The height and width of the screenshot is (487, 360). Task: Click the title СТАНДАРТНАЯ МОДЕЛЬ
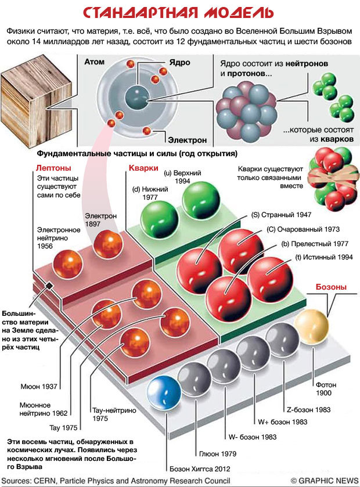(179, 12)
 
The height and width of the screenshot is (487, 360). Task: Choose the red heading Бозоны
(331, 287)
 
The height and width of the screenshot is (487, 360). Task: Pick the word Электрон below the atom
(187, 140)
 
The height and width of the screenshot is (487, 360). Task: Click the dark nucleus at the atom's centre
(138, 96)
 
